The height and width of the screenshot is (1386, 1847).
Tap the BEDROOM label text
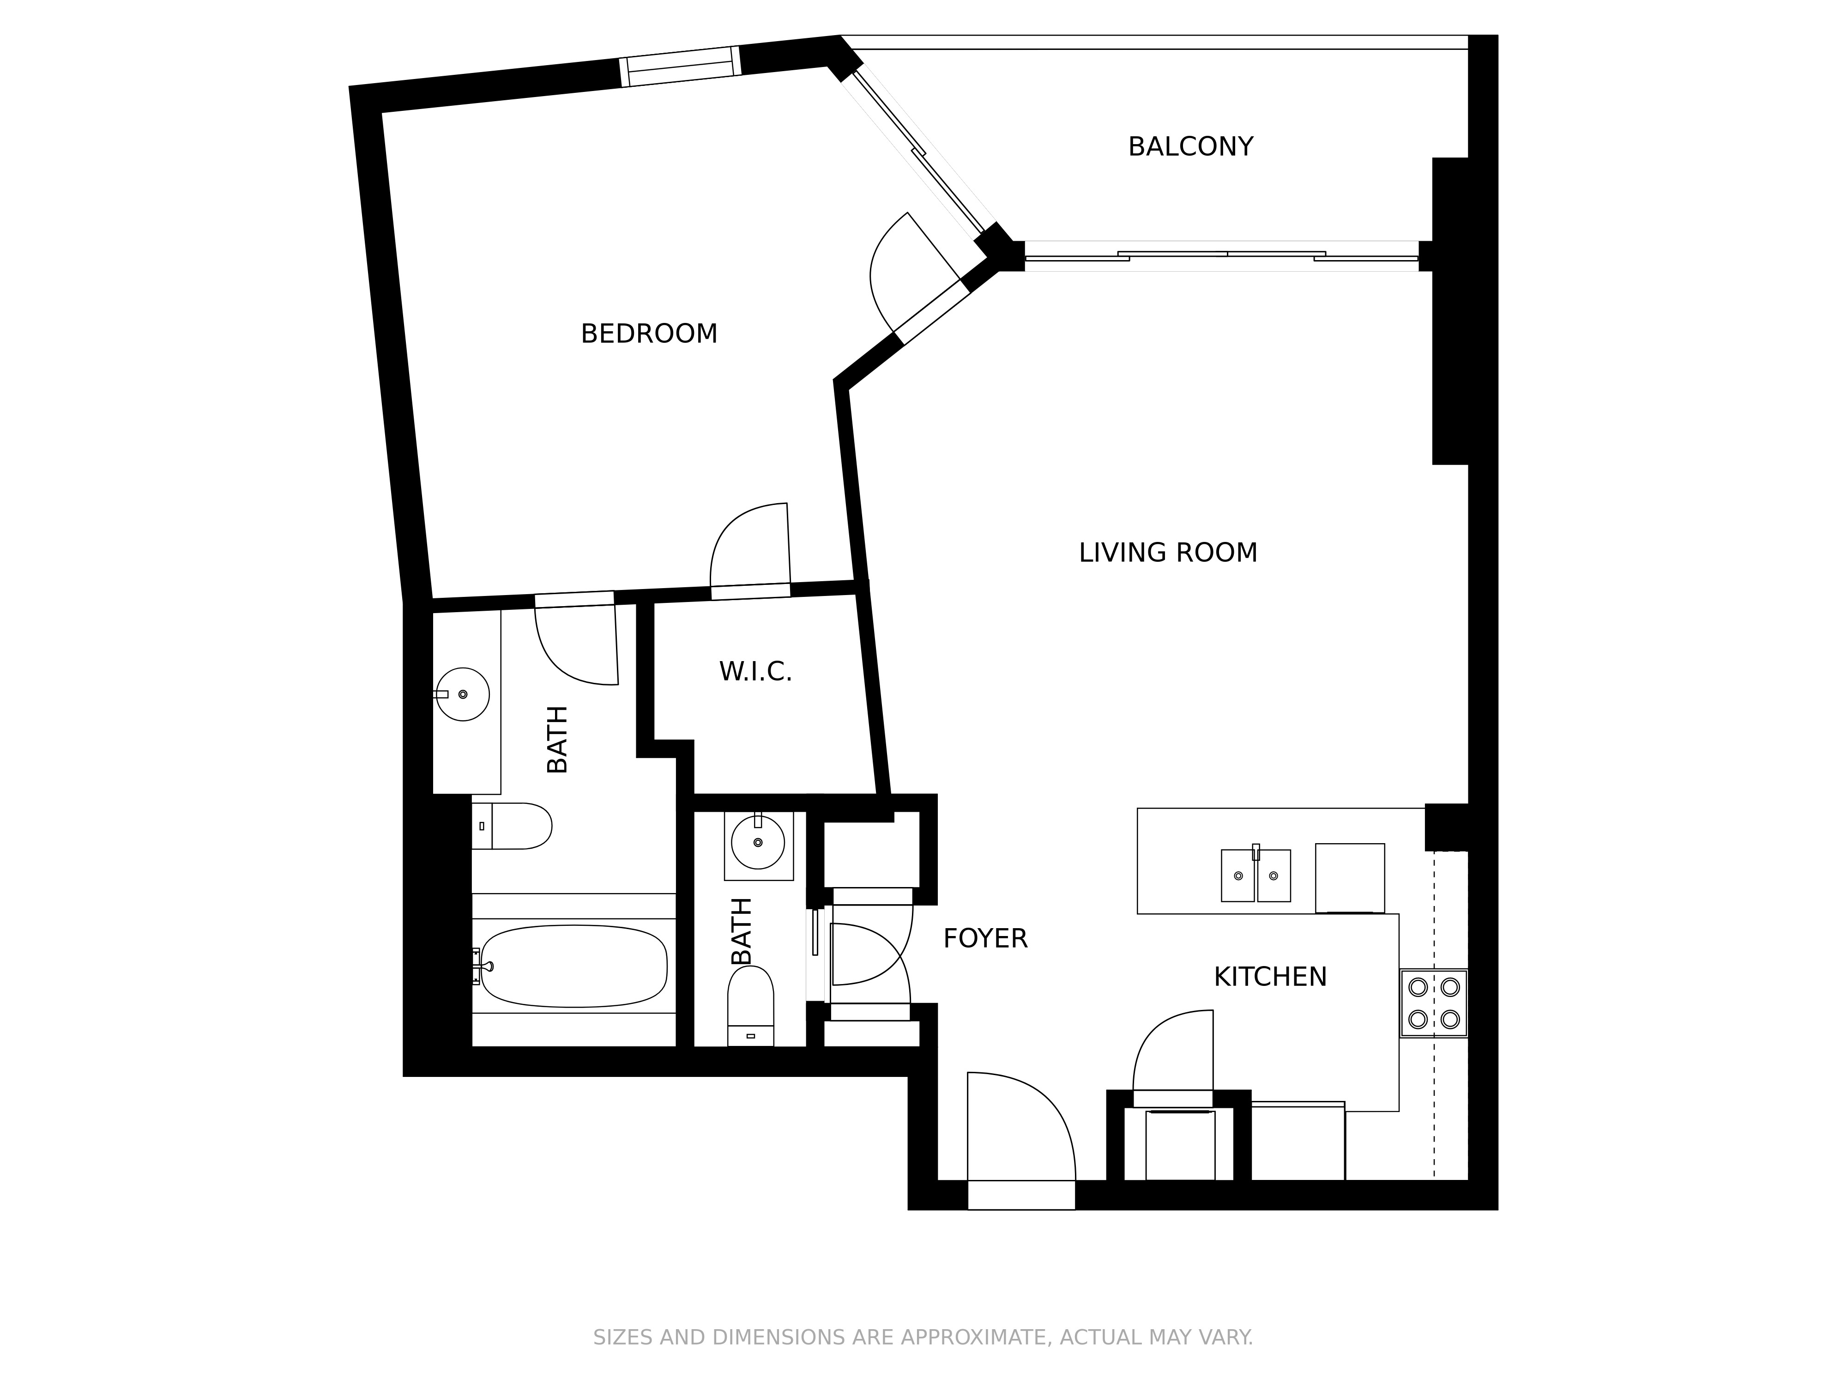click(649, 334)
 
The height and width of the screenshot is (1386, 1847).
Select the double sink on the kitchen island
click(1256, 875)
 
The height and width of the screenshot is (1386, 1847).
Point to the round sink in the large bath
click(463, 694)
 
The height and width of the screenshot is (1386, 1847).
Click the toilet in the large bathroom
click(512, 826)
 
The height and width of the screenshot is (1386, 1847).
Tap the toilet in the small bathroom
click(751, 1006)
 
